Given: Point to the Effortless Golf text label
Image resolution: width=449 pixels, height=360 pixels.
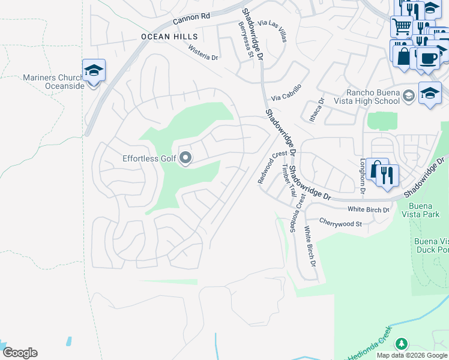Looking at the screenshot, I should pyautogui.click(x=149, y=158).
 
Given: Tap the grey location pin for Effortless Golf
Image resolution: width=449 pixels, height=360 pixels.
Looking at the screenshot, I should pyautogui.click(x=185, y=158).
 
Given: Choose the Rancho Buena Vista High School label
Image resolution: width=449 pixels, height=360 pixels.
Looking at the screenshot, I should pyautogui.click(x=373, y=97).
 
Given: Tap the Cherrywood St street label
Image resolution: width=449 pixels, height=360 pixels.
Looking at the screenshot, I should pyautogui.click(x=340, y=223).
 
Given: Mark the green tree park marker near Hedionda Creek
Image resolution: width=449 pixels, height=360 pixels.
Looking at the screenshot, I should pyautogui.click(x=401, y=344).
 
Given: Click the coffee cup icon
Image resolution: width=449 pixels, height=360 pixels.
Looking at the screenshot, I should pyautogui.click(x=429, y=58).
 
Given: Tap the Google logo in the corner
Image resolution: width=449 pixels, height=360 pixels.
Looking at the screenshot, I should pyautogui.click(x=20, y=353).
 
